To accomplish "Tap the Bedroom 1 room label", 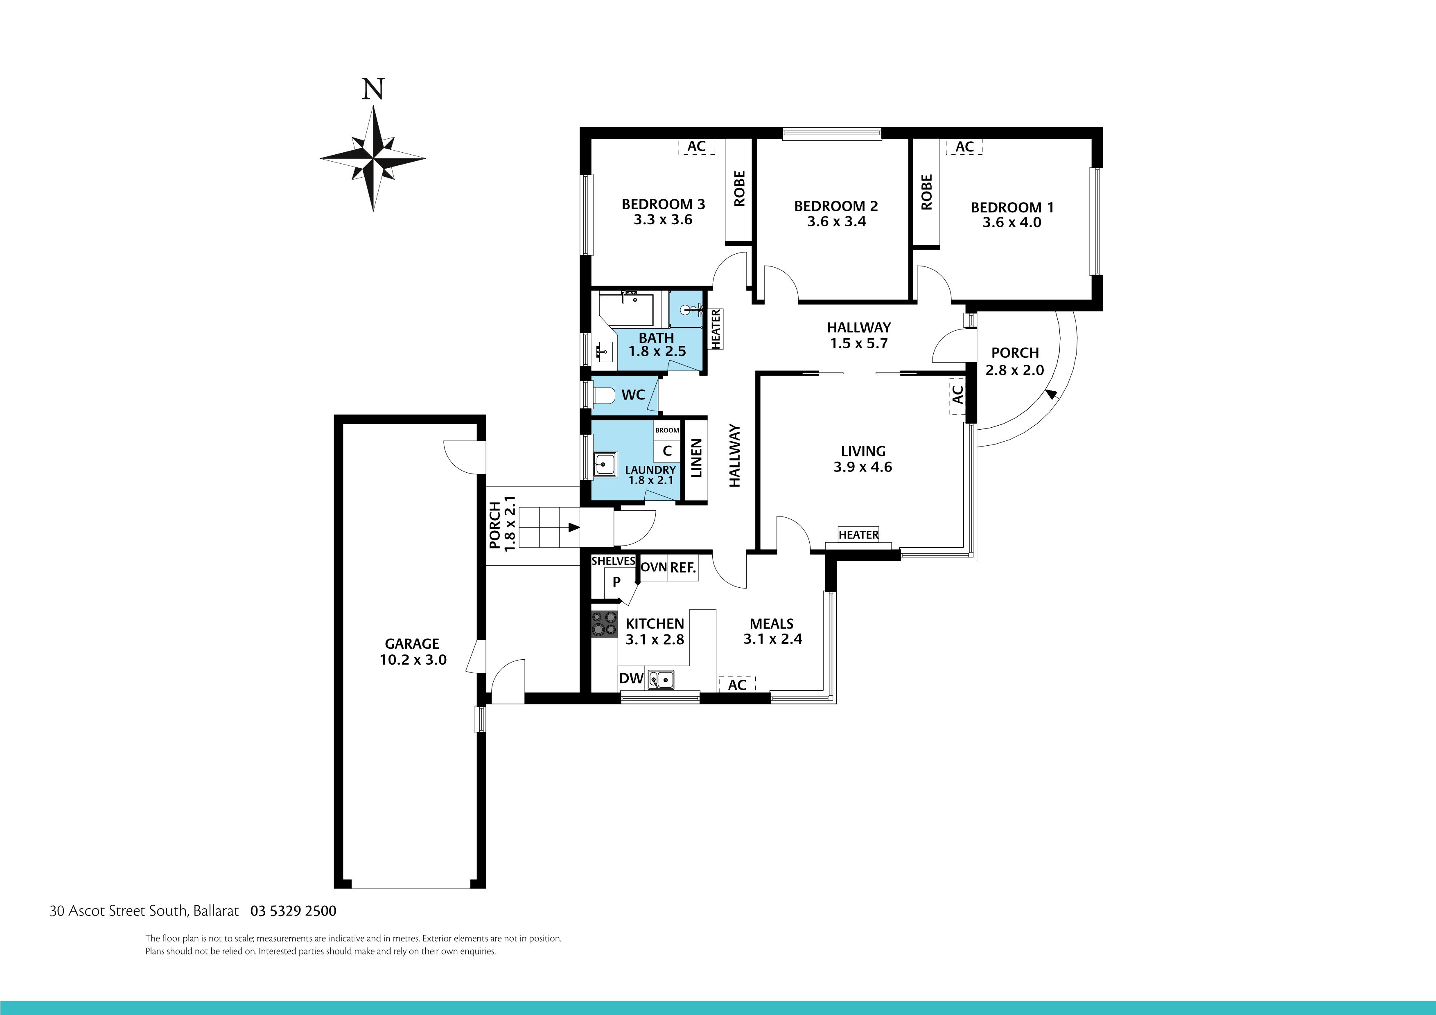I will [1012, 208].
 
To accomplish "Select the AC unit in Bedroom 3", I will [696, 147].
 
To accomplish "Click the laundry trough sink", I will [605, 465].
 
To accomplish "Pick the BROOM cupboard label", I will [667, 430].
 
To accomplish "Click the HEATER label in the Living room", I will [858, 535].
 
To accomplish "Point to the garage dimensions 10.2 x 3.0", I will [413, 660].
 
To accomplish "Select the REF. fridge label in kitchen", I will [682, 568].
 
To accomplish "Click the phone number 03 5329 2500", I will [294, 911].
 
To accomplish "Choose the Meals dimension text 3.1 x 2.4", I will [772, 639].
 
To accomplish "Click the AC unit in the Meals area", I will [737, 685].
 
